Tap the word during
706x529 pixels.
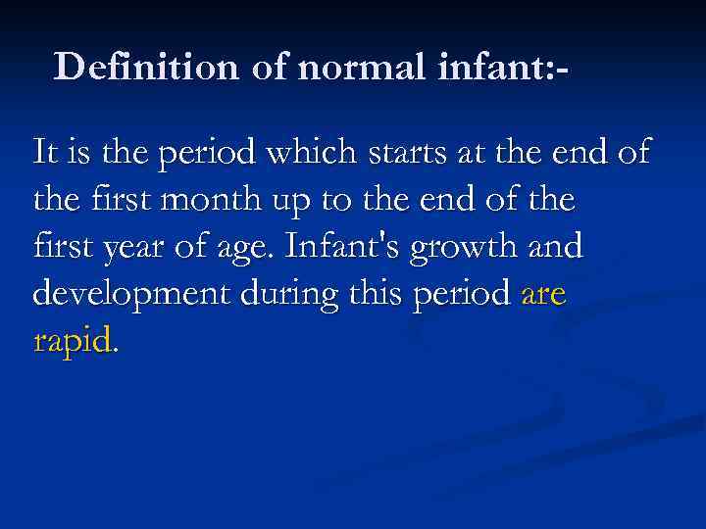click(x=276, y=293)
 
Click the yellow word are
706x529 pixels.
click(x=543, y=294)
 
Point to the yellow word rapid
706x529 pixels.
click(x=74, y=341)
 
